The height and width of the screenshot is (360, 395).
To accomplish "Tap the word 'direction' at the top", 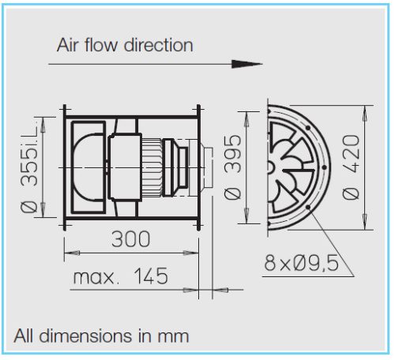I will (x=156, y=45).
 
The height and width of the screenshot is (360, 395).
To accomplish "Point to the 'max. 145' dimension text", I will (x=121, y=277).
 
